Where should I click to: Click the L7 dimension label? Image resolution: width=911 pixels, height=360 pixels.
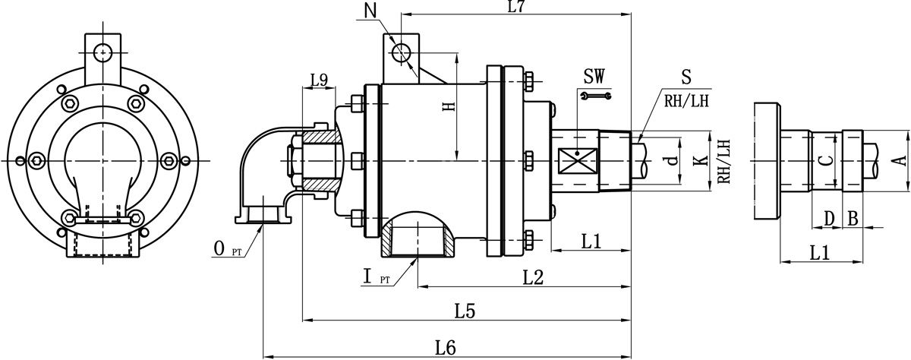click(x=516, y=7)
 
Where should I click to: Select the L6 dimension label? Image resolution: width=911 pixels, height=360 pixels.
click(x=446, y=348)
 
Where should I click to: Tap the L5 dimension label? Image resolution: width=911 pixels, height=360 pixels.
click(x=465, y=312)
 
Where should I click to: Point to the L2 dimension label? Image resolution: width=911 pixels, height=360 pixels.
click(x=533, y=278)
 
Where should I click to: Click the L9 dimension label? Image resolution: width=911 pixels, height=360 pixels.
click(x=320, y=81)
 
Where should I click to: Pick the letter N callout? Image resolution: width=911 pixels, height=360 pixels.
click(x=370, y=11)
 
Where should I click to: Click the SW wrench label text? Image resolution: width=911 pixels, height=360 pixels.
click(x=594, y=76)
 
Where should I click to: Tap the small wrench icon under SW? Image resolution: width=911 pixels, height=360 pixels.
click(x=596, y=96)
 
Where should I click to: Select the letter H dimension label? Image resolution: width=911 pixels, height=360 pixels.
click(x=449, y=106)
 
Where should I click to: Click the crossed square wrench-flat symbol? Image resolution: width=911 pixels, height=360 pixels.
click(x=578, y=161)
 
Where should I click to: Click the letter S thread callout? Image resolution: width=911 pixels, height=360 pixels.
click(x=686, y=77)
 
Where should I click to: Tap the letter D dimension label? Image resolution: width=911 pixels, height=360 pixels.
click(x=829, y=219)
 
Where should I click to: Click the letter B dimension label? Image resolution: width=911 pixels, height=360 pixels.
click(x=853, y=219)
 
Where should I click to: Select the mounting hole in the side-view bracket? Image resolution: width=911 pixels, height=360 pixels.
click(x=401, y=52)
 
